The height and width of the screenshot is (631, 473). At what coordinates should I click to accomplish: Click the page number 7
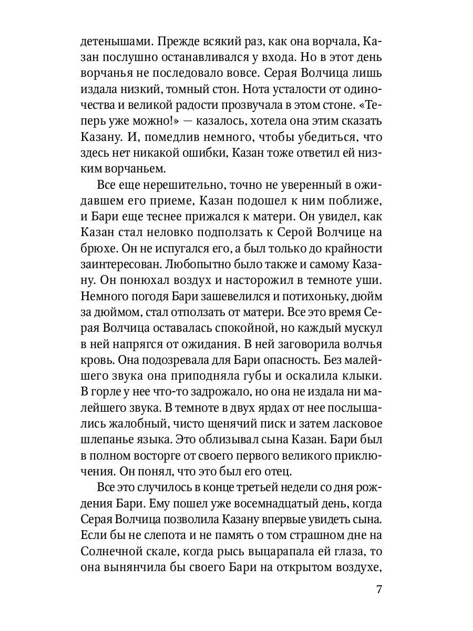tap(378, 589)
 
